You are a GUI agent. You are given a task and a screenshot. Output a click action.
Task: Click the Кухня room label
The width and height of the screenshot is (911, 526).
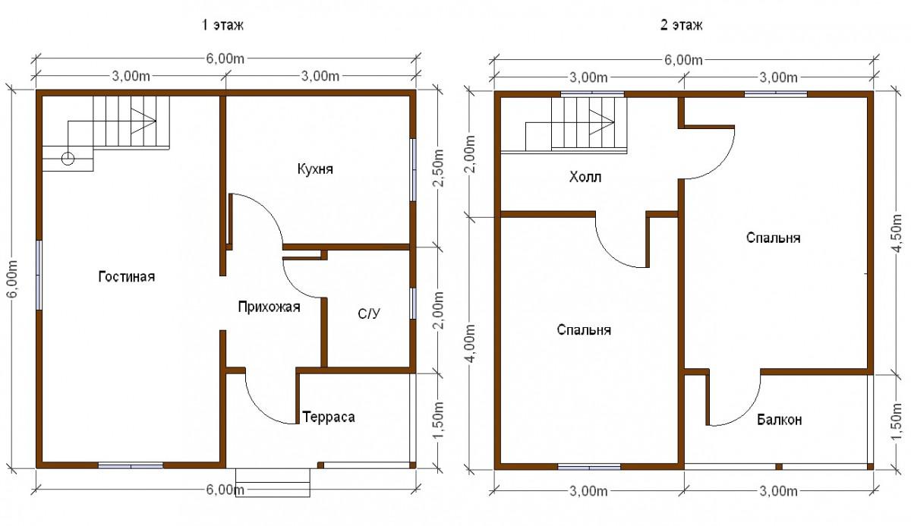click(315, 169)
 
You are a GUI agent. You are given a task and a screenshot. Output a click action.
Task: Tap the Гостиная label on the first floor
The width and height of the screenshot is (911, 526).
click(127, 276)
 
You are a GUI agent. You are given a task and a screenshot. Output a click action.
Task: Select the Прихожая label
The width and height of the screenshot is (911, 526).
click(270, 307)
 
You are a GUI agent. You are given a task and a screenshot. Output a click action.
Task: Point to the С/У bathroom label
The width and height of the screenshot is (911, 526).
click(369, 313)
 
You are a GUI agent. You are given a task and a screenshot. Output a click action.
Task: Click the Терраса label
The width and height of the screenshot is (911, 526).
click(329, 417)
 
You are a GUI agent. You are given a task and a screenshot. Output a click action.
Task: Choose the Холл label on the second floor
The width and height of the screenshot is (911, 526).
click(585, 177)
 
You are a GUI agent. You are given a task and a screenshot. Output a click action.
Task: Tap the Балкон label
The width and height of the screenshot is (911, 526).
click(779, 420)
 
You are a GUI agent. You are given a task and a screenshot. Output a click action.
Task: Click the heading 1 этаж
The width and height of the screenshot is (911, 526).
click(223, 25)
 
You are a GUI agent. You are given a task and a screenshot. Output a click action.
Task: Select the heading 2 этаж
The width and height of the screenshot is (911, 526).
click(681, 25)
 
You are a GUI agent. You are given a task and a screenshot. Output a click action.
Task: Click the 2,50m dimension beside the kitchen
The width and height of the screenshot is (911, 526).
click(439, 168)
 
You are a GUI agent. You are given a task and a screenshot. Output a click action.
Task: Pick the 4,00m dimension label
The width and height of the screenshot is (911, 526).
click(471, 343)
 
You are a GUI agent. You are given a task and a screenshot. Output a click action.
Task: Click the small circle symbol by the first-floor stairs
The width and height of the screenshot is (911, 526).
click(68, 158)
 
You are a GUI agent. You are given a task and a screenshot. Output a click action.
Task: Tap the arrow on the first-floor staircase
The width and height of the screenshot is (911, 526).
click(143, 121)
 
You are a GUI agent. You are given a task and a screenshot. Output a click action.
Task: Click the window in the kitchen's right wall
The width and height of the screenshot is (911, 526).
click(413, 170)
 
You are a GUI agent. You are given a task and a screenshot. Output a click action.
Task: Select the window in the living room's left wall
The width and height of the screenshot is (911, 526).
click(39, 276)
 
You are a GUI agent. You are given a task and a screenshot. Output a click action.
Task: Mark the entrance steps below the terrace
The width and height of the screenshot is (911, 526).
click(273, 483)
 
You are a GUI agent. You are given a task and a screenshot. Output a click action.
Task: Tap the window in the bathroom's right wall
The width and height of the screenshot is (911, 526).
click(413, 304)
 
